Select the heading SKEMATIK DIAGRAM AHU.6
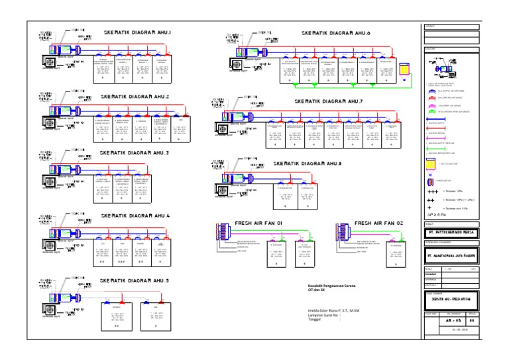tap(336, 32)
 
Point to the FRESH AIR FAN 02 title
tap(378, 223)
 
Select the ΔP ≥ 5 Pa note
tap(437, 215)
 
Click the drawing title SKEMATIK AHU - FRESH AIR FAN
tap(451, 298)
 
